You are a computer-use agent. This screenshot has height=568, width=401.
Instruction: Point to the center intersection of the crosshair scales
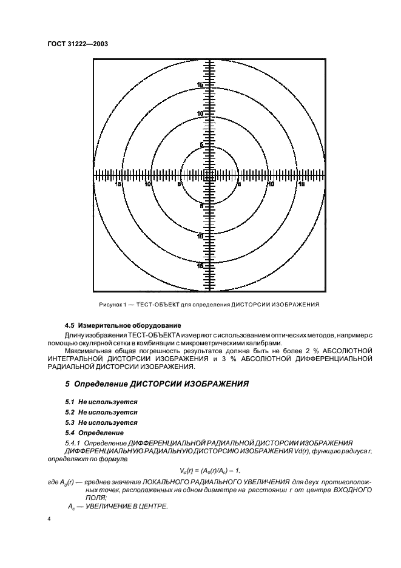210,175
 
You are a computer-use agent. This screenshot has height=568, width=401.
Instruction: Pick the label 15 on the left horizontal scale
118,183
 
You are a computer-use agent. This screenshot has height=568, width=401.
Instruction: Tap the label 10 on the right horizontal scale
270,183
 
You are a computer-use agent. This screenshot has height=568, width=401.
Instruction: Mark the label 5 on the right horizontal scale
239,183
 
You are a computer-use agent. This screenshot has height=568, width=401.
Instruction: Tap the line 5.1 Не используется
101,402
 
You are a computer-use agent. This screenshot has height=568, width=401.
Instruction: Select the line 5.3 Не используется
101,422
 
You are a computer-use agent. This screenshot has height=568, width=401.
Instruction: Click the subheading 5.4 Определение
94,433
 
